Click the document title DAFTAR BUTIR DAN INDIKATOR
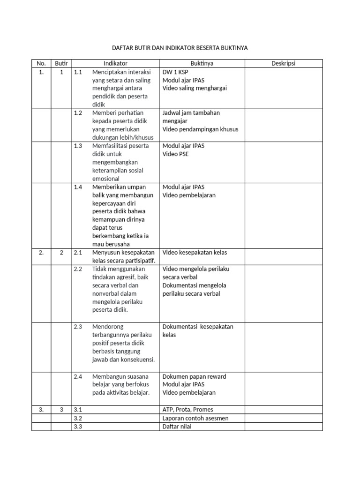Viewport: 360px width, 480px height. click(x=180, y=48)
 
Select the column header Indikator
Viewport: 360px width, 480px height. click(x=115, y=63)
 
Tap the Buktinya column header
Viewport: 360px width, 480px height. click(x=202, y=63)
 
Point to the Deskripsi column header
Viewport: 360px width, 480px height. click(x=284, y=63)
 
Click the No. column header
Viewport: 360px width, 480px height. click(x=41, y=63)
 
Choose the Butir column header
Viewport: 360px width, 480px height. click(x=61, y=63)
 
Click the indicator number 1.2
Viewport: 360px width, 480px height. click(x=78, y=113)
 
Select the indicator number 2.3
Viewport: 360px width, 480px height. click(x=78, y=327)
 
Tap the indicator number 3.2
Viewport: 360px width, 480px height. click(x=78, y=418)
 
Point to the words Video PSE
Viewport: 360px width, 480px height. click(x=176, y=154)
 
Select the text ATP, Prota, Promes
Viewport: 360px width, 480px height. click(x=187, y=410)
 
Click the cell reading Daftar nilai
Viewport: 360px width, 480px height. click(x=177, y=427)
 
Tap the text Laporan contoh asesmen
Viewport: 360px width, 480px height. click(x=195, y=418)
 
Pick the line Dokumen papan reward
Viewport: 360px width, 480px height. click(x=194, y=376)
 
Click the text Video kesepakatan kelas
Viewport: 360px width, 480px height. click(x=195, y=253)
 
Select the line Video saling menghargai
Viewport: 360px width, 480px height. click(x=195, y=88)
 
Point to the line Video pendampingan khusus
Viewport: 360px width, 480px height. click(x=200, y=129)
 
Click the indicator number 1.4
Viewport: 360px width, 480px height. click(x=78, y=187)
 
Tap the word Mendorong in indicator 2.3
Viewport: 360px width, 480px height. click(x=107, y=327)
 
